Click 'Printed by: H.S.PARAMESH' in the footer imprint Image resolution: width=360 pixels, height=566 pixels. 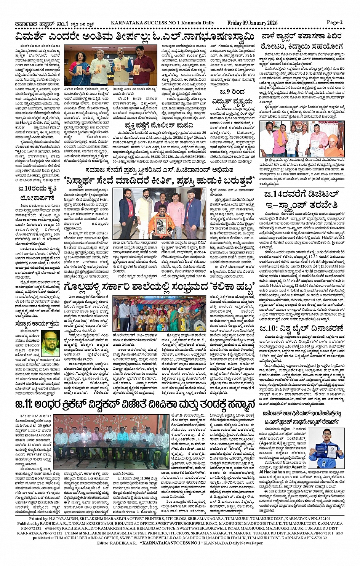tap(52, 519)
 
